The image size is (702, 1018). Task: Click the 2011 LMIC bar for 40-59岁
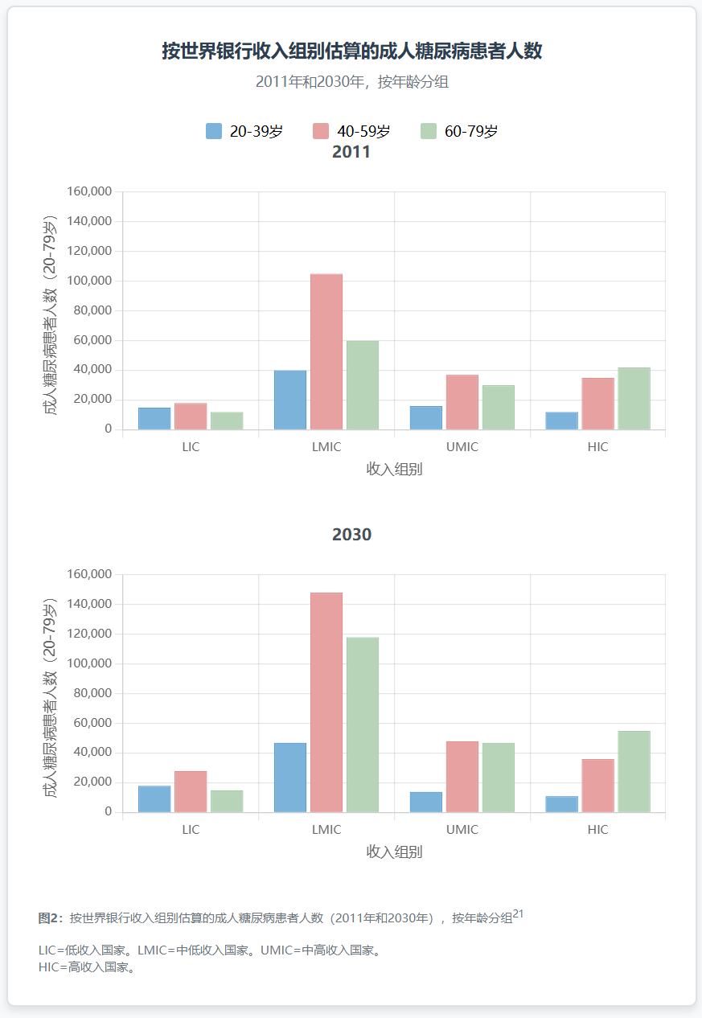coord(326,351)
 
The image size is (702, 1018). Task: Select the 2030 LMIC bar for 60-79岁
coord(363,725)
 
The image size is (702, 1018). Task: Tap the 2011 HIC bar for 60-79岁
coord(634,398)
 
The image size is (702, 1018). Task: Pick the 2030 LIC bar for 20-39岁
coord(154,798)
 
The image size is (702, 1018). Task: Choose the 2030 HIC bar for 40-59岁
coord(597,786)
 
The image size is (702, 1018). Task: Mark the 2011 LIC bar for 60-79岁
coord(227,421)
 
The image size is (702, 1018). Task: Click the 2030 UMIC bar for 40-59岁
coord(462,777)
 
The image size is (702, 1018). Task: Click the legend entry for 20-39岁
coord(244,131)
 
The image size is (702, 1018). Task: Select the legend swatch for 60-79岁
coord(429,131)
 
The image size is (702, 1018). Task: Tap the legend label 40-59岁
coord(364,131)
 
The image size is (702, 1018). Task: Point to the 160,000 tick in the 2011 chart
coord(91,192)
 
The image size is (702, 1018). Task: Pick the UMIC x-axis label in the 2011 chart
coord(462,447)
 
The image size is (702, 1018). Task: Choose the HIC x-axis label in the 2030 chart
coord(597,830)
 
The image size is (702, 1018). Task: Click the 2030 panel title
coord(351,535)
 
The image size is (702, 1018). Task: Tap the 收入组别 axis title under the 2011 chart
coord(394,470)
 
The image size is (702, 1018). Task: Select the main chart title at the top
coord(351,51)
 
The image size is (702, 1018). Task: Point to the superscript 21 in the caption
coord(518,913)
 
